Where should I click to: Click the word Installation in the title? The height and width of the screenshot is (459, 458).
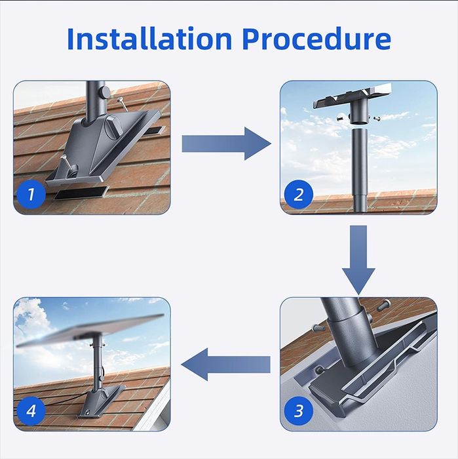point(149,39)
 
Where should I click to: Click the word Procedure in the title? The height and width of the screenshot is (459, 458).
point(316,39)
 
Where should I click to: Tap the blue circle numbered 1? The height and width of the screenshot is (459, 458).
point(31,194)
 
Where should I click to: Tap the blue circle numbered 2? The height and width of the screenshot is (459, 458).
point(298,194)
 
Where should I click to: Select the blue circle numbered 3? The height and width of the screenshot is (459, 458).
point(298,411)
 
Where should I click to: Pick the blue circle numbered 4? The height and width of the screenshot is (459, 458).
point(31,411)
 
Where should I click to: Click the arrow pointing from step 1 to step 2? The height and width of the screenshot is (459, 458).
point(226,144)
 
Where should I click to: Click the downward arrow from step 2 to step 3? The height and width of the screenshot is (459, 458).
point(358,260)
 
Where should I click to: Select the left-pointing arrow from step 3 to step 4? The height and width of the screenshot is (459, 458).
point(225,365)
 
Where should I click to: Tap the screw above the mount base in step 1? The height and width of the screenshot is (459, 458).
point(122,104)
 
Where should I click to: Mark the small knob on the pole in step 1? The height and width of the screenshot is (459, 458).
point(104,92)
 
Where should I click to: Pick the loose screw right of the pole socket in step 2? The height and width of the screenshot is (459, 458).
point(376,118)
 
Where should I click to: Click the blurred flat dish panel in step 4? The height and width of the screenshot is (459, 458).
point(89,330)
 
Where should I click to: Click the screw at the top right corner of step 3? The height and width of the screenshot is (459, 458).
point(384,305)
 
